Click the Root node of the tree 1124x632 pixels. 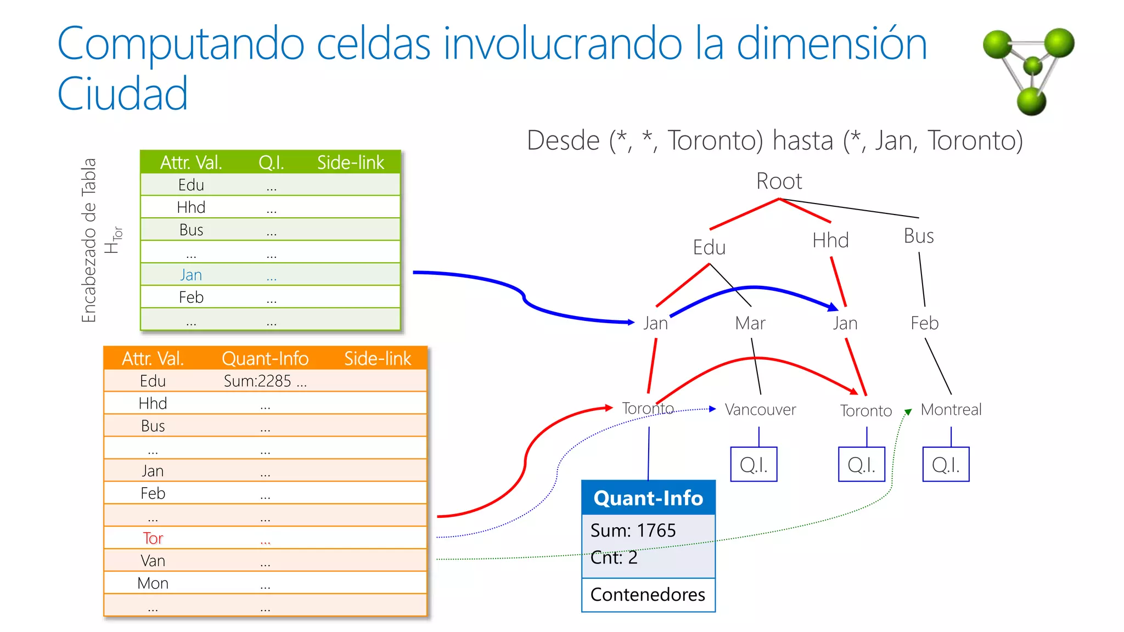[779, 182]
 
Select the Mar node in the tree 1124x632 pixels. [750, 323]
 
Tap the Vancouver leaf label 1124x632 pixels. [760, 410]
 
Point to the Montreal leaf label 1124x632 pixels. [951, 410]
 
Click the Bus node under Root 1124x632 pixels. [919, 236]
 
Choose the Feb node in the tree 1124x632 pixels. [924, 323]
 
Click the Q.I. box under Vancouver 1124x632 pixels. [754, 465]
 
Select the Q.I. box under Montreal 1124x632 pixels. [946, 465]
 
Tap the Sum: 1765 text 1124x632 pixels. [633, 531]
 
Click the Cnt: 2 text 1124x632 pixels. [614, 558]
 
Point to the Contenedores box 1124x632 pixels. [648, 595]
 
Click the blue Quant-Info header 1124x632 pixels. [648, 498]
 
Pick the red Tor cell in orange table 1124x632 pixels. [153, 538]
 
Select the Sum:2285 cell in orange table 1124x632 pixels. [265, 381]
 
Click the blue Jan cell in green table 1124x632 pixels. [191, 275]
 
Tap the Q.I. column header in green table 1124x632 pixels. [271, 162]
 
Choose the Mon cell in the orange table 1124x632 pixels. [153, 583]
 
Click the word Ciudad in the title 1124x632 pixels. [122, 94]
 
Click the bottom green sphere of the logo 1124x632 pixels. [1031, 101]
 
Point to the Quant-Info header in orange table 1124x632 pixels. [265, 359]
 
